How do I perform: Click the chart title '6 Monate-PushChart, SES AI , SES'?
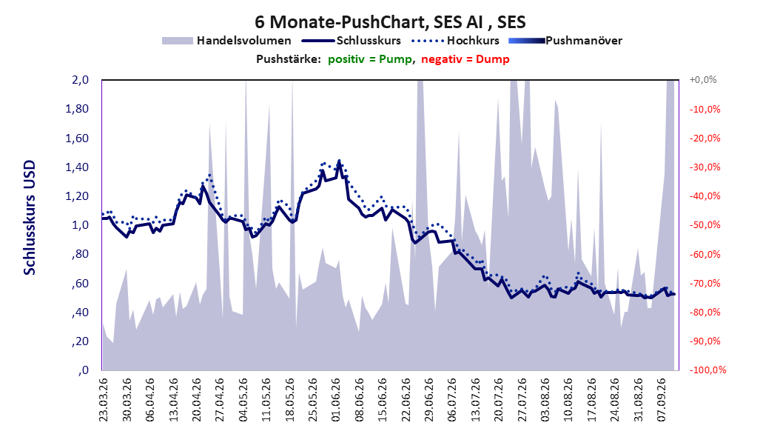(x=390, y=22)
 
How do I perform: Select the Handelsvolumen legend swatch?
(x=177, y=41)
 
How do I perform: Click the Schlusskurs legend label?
(x=369, y=41)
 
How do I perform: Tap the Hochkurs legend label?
(x=473, y=41)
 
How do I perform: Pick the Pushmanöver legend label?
(x=584, y=41)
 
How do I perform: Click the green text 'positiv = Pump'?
(x=370, y=59)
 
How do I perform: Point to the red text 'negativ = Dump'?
(x=465, y=59)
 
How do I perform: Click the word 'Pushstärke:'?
(x=289, y=59)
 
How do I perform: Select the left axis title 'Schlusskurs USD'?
(x=30, y=218)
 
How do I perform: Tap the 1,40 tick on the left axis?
(x=77, y=167)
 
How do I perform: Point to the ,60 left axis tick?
(x=80, y=284)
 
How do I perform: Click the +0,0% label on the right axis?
(x=703, y=80)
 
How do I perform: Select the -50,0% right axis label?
(x=705, y=225)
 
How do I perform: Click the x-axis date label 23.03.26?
(x=104, y=400)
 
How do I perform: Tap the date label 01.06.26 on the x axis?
(x=336, y=400)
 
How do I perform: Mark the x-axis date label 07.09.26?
(x=662, y=400)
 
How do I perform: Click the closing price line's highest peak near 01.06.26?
(x=339, y=161)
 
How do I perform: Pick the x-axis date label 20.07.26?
(x=499, y=400)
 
